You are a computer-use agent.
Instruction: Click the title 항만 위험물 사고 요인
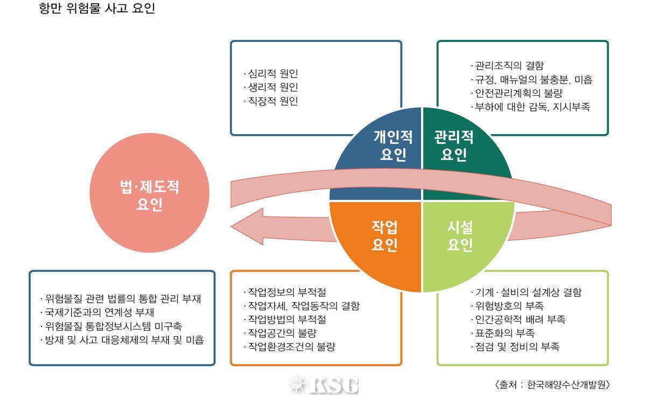pos(97,9)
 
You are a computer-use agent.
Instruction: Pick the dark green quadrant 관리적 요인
pos(455,145)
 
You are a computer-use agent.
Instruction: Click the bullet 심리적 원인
pos(272,73)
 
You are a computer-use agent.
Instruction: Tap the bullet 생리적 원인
pos(272,87)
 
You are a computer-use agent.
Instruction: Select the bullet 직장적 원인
pos(272,101)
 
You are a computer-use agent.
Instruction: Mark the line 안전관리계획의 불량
pos(516,93)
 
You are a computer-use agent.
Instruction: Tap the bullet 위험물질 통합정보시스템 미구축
pos(113,326)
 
